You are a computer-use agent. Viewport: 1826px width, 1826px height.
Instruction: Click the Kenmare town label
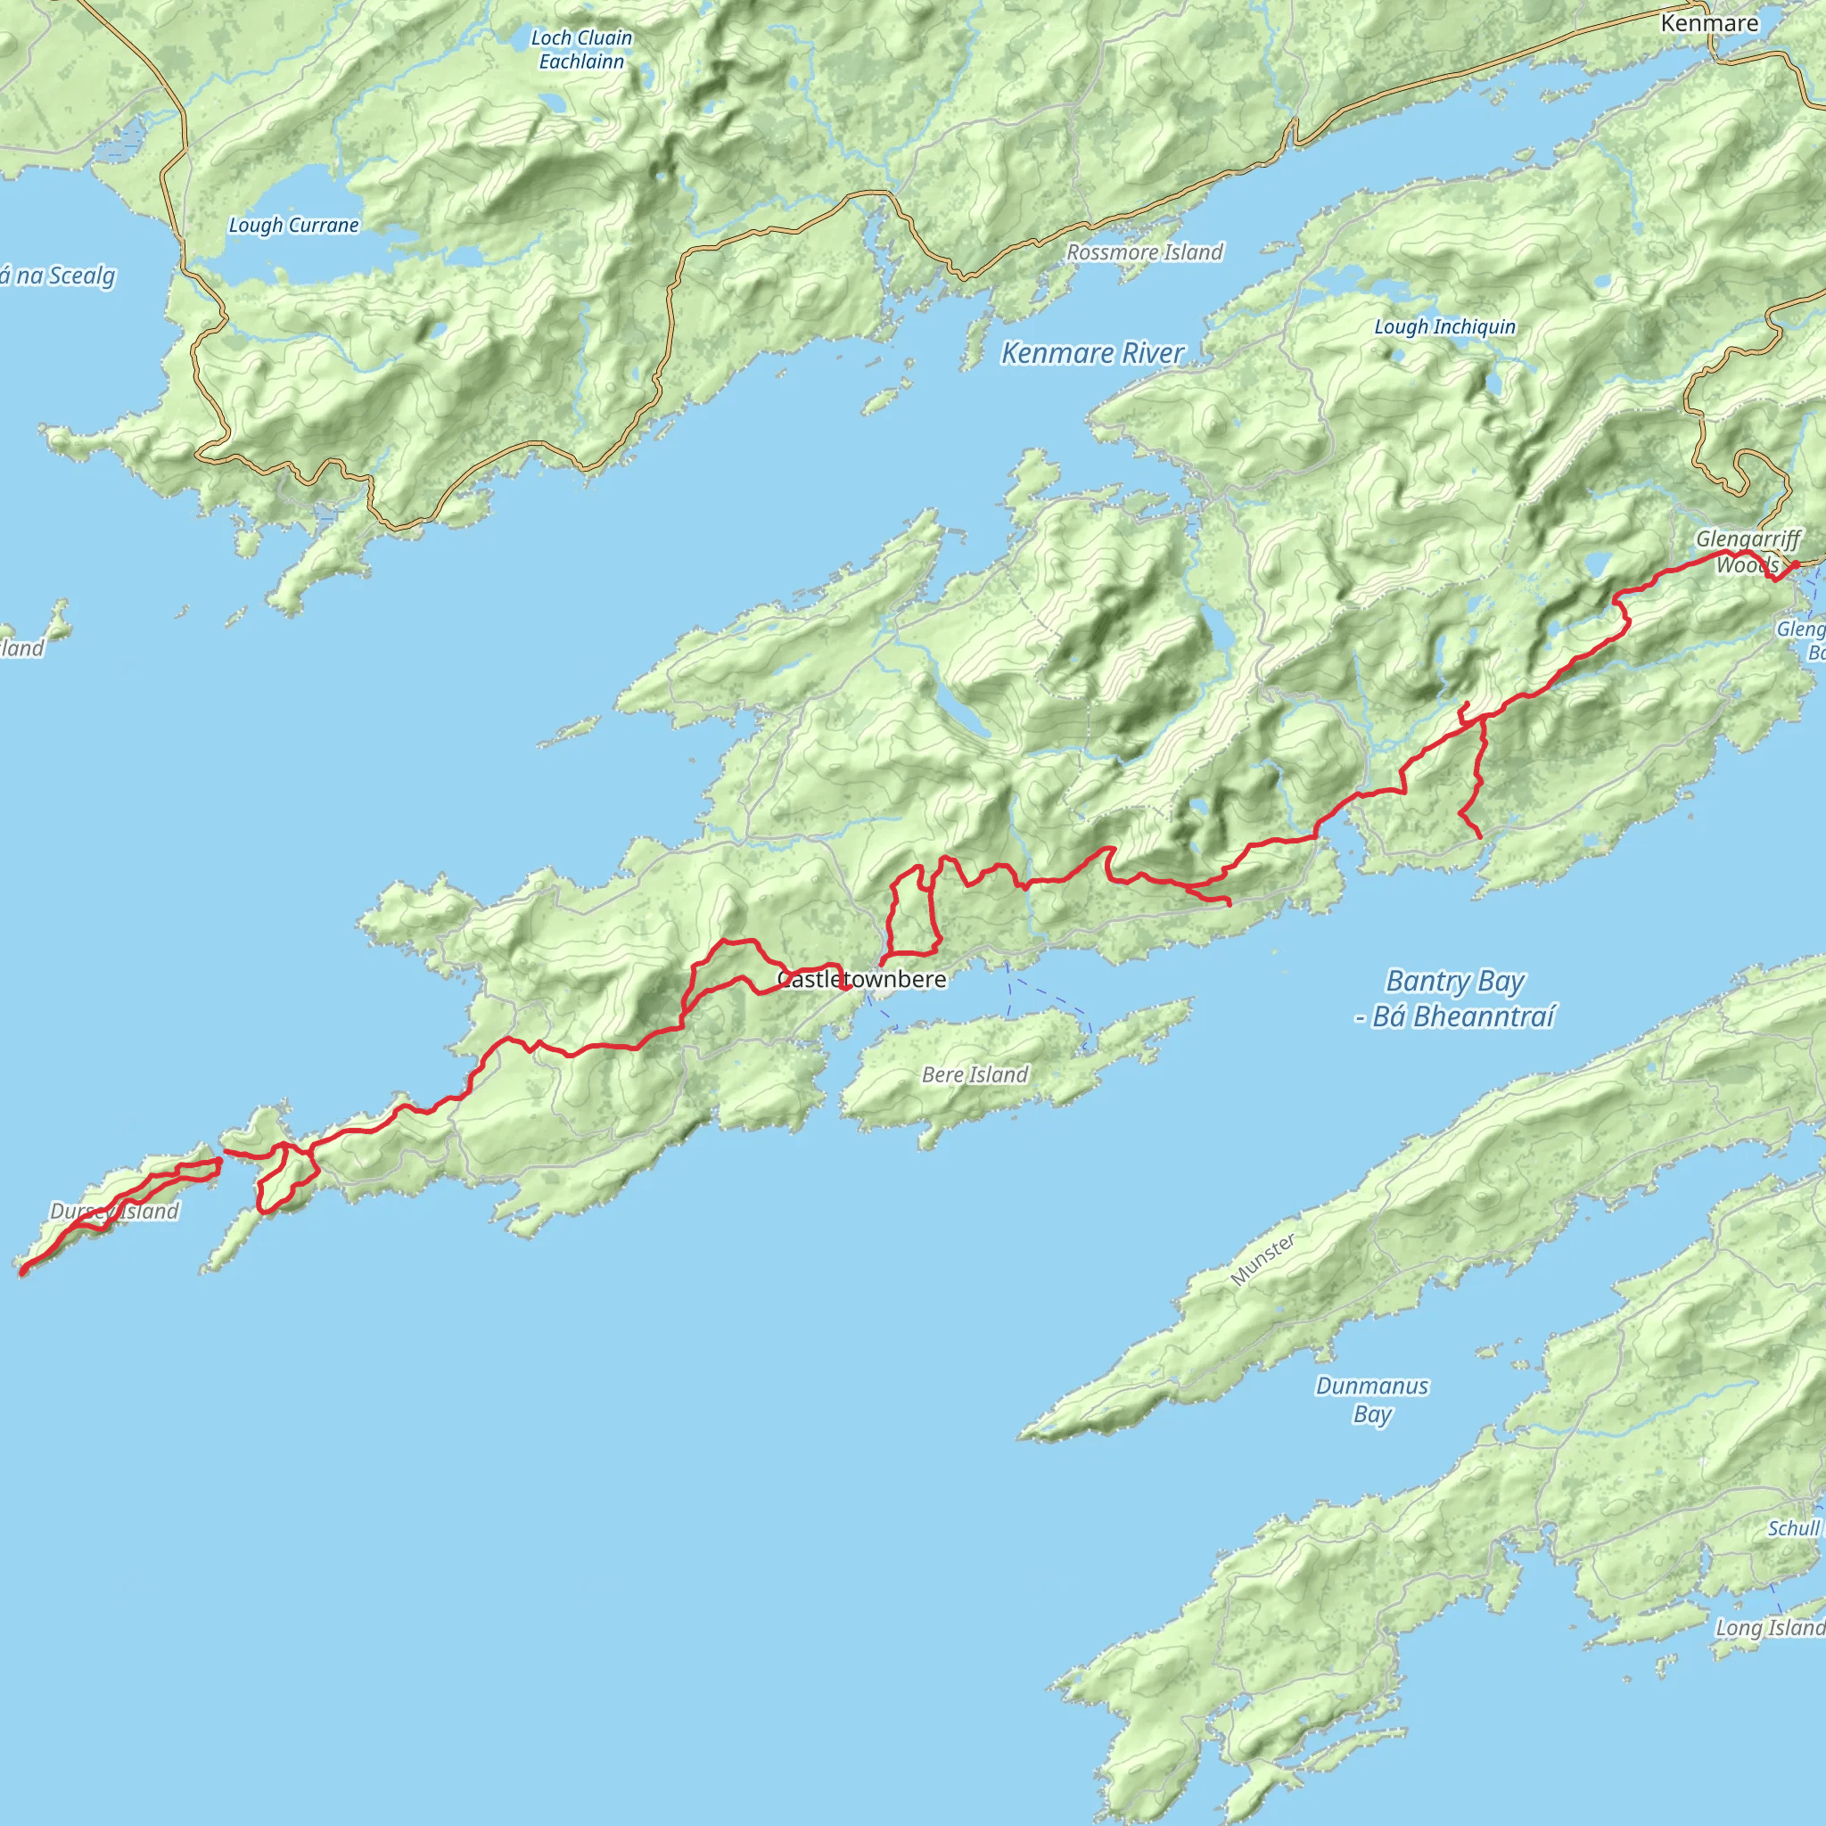coord(1710,24)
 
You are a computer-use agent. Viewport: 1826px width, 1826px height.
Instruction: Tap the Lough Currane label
coord(294,225)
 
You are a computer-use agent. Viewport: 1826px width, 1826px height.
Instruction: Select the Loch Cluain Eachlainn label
coord(581,49)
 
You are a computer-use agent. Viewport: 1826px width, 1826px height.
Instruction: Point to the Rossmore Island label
coord(1145,252)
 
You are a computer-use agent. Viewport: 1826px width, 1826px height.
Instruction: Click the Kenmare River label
coord(1091,353)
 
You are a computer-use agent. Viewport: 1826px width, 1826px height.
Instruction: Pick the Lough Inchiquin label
coord(1444,327)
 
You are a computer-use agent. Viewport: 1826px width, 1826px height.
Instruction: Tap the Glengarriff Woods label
coord(1748,552)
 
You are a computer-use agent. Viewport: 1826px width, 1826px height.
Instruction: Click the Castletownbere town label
coord(861,979)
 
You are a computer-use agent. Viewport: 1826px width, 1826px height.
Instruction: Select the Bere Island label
coord(975,1074)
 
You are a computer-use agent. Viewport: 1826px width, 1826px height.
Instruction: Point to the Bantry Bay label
coord(1454,982)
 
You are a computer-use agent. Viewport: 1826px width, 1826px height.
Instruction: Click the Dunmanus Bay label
coord(1371,1400)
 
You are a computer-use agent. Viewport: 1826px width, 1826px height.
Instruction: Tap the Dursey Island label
coord(114,1211)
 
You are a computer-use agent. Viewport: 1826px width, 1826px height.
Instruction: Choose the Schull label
coord(1793,1528)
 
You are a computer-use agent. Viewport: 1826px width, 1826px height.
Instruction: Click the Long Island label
coord(1769,1627)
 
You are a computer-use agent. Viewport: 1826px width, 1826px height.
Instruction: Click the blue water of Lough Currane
coord(284,189)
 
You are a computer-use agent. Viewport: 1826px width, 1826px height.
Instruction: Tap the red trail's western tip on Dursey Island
coord(21,1273)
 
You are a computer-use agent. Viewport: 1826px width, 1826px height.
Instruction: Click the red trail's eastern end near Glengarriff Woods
coord(1795,565)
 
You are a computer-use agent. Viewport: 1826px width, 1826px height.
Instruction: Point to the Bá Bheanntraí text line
coord(1454,1017)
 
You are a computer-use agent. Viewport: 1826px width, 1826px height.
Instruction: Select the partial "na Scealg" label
coord(59,276)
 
